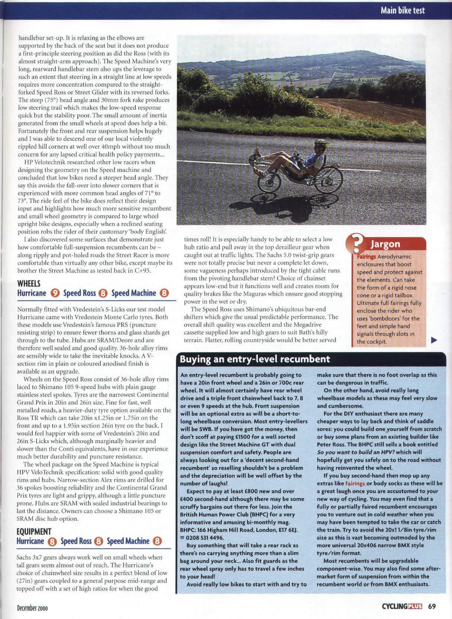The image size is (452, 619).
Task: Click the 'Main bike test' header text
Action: (x=402, y=10)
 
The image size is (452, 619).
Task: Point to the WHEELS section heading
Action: (x=29, y=283)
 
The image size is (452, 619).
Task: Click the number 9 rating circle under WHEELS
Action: (x=54, y=293)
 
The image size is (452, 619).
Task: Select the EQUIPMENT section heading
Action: (x=33, y=532)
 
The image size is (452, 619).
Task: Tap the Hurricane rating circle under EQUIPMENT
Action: (x=52, y=542)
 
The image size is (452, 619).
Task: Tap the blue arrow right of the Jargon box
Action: (x=434, y=339)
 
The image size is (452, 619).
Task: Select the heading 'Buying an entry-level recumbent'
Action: (x=255, y=359)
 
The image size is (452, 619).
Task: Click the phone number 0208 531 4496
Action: (x=203, y=538)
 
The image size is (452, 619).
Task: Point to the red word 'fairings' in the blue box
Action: (x=355, y=484)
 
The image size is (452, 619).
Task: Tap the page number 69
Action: (x=432, y=606)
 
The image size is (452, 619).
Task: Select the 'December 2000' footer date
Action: (x=32, y=608)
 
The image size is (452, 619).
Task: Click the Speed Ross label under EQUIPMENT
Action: (x=76, y=541)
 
